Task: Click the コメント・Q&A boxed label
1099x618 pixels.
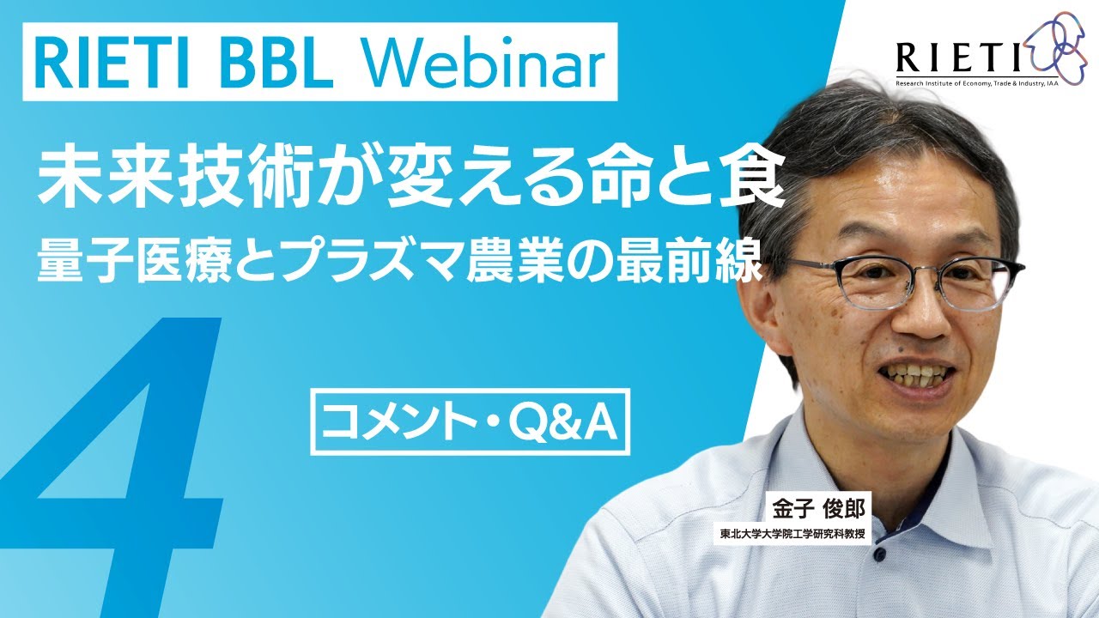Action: click(470, 422)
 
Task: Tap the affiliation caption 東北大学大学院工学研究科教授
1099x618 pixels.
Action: click(791, 534)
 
